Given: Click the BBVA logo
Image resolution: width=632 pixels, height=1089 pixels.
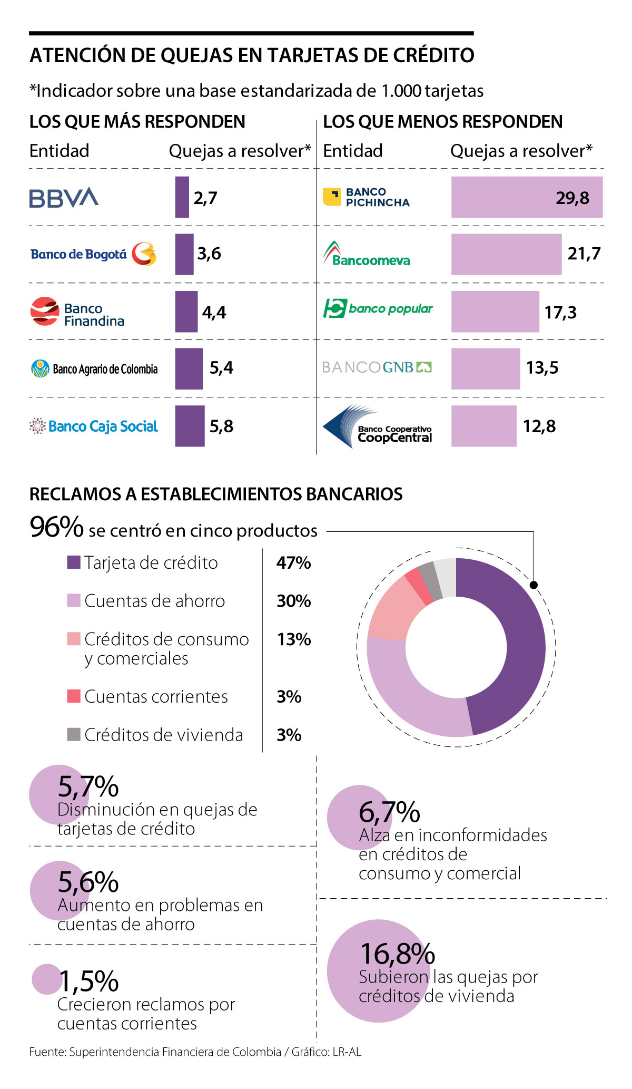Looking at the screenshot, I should (64, 198).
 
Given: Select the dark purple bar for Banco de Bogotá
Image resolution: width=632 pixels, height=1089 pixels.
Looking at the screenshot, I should (184, 254).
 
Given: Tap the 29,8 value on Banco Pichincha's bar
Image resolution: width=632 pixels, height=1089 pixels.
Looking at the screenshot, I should (572, 198).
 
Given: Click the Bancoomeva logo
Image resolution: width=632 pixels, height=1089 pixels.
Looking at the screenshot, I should (367, 254).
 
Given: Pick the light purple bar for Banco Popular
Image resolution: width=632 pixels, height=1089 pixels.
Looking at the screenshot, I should (495, 312).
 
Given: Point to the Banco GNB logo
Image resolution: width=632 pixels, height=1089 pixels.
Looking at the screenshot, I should (377, 367).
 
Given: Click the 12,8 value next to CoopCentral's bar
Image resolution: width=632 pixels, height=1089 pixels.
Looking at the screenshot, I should (539, 426).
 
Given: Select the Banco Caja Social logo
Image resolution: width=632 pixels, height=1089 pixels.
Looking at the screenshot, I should (94, 426).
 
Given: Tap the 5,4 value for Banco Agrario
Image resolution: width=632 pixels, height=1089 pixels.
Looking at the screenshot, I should (221, 367).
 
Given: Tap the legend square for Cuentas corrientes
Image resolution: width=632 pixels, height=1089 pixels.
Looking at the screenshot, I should (74, 696).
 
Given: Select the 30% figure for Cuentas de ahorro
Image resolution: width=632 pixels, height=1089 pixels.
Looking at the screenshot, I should (294, 601).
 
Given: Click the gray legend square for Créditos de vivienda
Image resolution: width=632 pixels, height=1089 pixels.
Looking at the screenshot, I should (74, 734).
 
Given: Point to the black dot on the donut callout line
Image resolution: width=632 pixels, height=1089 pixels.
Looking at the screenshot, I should (534, 585).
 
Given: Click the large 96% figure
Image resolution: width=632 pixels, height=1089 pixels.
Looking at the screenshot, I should (56, 527).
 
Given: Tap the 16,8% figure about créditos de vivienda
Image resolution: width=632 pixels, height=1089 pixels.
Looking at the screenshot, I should (398, 954).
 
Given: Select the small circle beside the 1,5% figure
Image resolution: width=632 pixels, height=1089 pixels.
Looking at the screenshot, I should (47, 979).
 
